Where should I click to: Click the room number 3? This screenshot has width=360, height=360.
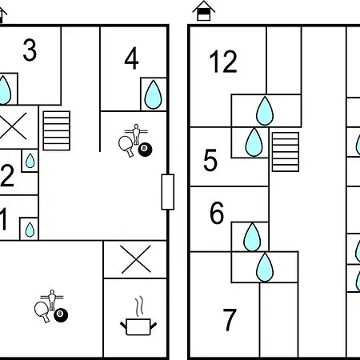(x=30, y=50)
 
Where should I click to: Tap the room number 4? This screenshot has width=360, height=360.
(x=131, y=58)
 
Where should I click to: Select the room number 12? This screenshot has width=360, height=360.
(x=223, y=62)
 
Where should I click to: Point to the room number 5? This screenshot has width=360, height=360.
(x=210, y=160)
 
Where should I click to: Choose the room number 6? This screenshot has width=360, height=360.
(x=217, y=213)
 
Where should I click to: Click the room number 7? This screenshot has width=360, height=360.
(x=230, y=320)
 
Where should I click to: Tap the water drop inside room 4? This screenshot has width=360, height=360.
(x=153, y=94)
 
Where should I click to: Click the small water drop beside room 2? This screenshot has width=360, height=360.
(x=30, y=161)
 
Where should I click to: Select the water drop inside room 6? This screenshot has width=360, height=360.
(x=252, y=237)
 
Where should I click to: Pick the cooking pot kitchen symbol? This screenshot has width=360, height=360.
(x=138, y=316)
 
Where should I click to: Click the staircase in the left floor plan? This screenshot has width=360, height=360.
(x=57, y=130)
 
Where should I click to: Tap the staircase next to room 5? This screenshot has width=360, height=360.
(x=286, y=152)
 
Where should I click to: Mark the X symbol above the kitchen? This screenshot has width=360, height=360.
(x=136, y=259)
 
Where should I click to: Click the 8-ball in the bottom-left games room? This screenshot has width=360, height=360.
(x=61, y=315)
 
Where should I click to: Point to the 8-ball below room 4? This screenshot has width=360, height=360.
(x=145, y=150)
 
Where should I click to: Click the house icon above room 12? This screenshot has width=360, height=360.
(x=204, y=10)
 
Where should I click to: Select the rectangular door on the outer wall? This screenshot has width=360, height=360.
(x=168, y=192)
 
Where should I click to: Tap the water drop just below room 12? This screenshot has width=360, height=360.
(x=265, y=110)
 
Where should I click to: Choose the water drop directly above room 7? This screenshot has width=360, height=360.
(x=265, y=267)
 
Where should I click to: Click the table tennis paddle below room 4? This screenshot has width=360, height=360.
(x=126, y=146)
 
